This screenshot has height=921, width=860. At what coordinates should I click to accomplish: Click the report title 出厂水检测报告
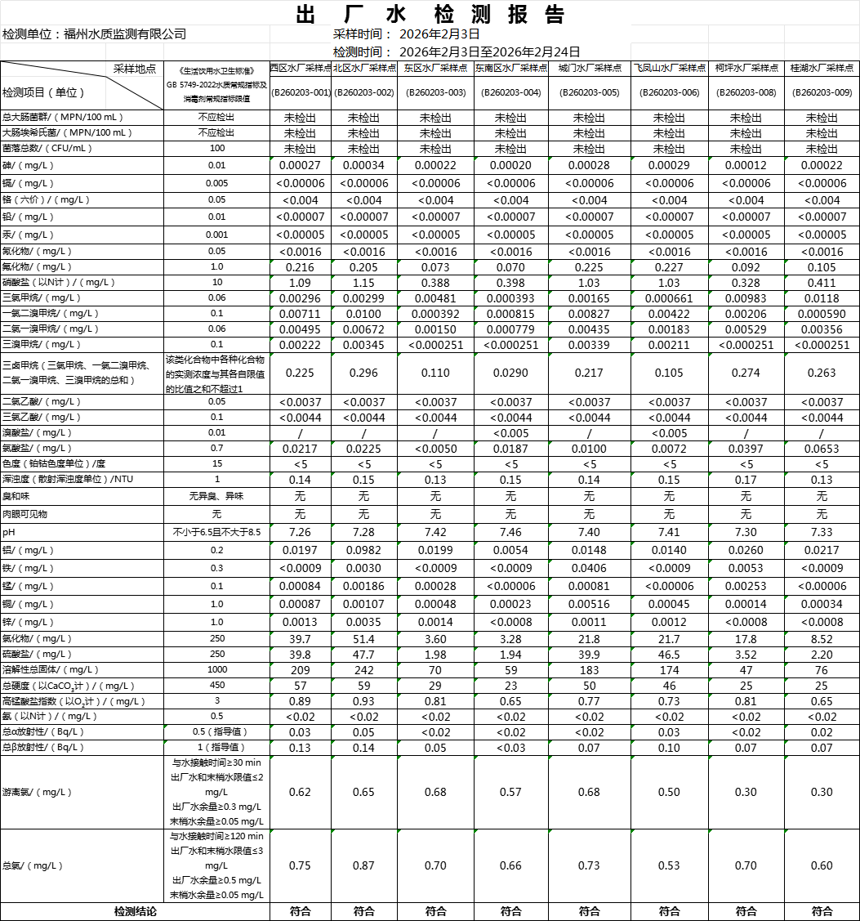pos(429,15)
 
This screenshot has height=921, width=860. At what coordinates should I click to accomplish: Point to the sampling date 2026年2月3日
pos(439,34)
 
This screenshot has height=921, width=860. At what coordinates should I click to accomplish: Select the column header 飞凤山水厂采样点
pos(669,68)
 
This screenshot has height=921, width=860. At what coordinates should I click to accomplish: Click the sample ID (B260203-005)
pos(589,92)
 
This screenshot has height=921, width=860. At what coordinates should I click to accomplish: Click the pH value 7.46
pos(510,532)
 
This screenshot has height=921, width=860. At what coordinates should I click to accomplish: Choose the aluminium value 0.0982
pos(363,550)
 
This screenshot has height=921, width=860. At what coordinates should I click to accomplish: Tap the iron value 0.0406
pos(589,568)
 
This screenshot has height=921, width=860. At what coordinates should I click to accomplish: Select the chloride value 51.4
pos(363,638)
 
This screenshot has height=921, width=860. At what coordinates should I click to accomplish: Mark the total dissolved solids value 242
pos(363,670)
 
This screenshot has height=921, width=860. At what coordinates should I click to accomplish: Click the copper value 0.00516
pos(589,604)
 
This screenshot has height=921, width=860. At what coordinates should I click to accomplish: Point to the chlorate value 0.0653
pos(822,449)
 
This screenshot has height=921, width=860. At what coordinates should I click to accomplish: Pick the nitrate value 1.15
pos(363,282)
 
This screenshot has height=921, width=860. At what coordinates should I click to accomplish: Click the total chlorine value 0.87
pos(363,866)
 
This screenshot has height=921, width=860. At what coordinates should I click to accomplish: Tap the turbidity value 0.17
pos(746,480)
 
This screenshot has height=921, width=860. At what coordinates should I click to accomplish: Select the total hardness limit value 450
pos(216,686)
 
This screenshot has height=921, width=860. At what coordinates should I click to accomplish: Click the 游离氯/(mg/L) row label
pos(38,792)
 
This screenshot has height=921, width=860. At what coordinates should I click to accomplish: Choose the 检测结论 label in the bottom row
pos(135,911)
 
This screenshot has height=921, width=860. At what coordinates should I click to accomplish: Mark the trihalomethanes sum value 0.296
pos(363,373)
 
